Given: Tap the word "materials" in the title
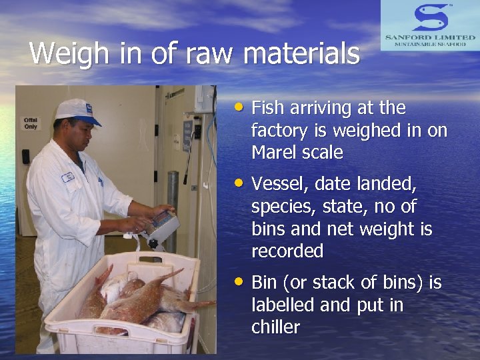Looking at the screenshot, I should coord(301,53).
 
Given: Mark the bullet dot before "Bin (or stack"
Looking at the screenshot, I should coord(239,281).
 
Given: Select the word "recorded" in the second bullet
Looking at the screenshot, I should coord(287,251).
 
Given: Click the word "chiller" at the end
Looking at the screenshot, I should coord(275,327).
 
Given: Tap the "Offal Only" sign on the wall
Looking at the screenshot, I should coord(31,123).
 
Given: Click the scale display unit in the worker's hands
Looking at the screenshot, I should coord(161,227).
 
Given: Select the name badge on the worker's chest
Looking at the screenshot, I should coord(67,177).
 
